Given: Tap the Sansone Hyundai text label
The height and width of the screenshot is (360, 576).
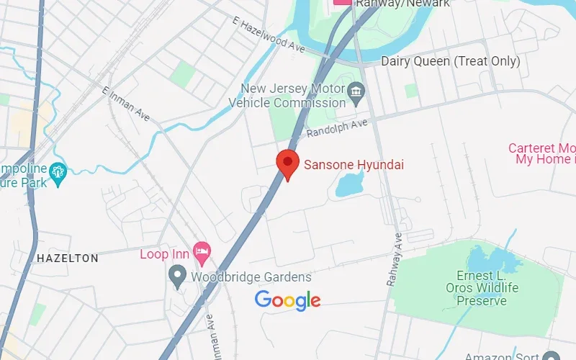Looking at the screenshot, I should (x=354, y=165).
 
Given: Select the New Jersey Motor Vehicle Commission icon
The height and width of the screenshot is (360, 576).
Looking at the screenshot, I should (x=356, y=91).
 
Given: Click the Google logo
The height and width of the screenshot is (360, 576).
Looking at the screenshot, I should (x=287, y=300).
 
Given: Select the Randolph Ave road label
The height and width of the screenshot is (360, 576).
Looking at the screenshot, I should (x=337, y=129).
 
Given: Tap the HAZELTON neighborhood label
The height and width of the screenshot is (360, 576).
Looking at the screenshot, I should (x=67, y=258).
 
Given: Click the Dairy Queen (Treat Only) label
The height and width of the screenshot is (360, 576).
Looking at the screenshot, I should (x=450, y=61).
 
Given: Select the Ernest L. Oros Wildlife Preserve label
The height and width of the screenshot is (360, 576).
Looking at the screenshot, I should (x=487, y=288).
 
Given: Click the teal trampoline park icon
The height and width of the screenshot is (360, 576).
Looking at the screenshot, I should (x=58, y=171).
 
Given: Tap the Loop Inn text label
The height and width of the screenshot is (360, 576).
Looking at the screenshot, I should (x=164, y=253).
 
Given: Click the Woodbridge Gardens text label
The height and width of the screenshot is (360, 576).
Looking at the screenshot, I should (x=251, y=276).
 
